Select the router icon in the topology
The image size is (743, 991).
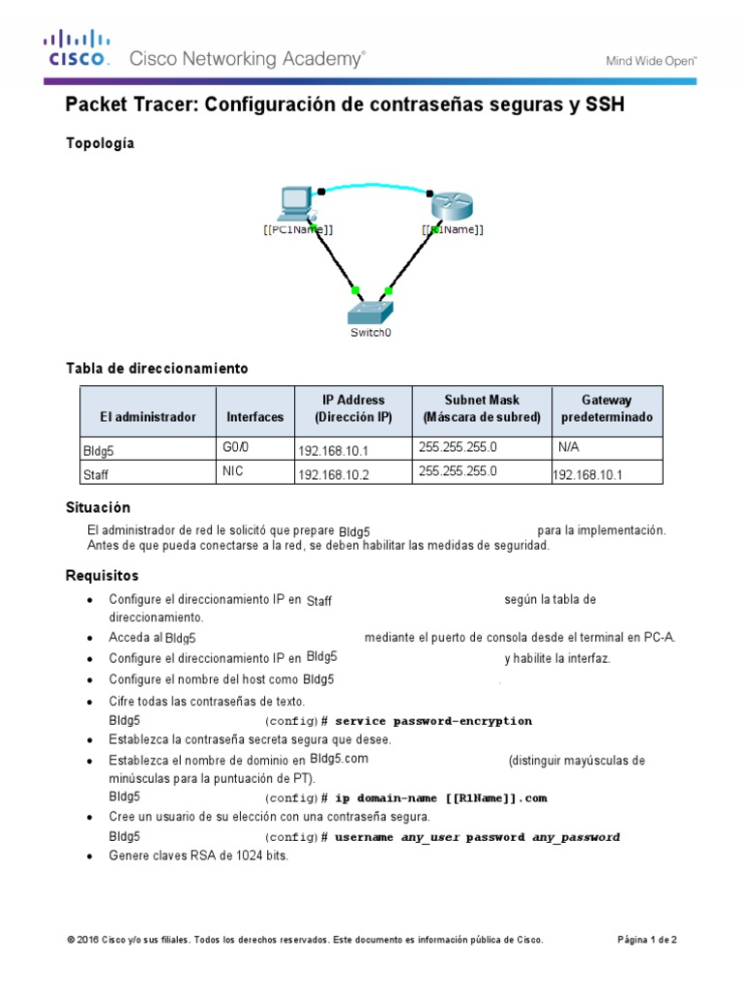450,204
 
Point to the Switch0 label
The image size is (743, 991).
371,334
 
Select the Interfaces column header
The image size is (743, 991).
255,417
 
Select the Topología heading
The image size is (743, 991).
100,143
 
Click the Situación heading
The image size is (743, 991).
98,507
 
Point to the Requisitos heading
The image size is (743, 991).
102,576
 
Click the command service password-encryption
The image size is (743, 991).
433,721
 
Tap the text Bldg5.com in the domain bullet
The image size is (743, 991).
340,760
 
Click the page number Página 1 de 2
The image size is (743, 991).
647,940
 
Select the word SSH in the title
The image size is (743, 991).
605,105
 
